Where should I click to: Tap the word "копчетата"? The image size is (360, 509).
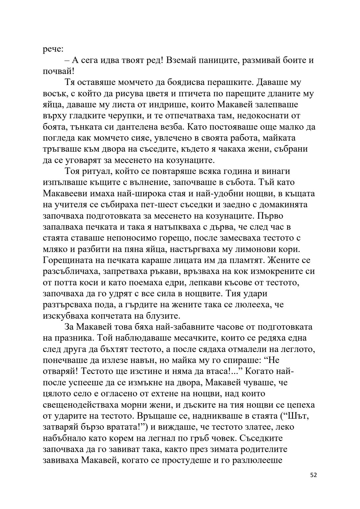pos(108,316)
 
